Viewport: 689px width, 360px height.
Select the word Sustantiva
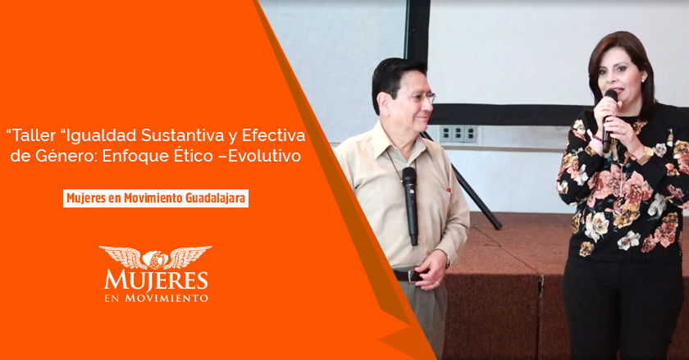pyautogui.click(x=182, y=135)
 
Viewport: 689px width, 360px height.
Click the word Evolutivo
pyautogui.click(x=264, y=156)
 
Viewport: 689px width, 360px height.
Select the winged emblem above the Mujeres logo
pyautogui.click(x=155, y=257)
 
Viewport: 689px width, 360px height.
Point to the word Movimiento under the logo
pyautogui.click(x=167, y=298)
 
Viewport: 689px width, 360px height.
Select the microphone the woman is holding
pyautogui.click(x=609, y=121)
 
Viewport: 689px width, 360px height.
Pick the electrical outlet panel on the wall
pyautogui.click(x=459, y=134)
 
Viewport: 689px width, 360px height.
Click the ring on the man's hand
pyautogui.click(x=436, y=281)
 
